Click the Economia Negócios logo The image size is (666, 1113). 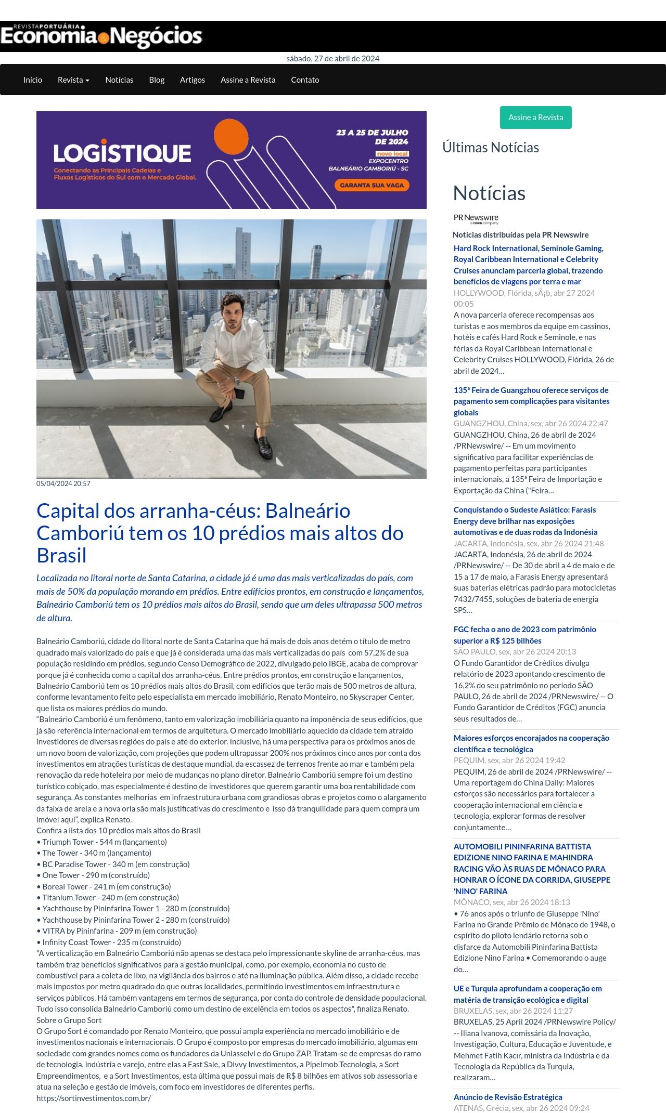coord(101,36)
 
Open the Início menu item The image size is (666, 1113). coord(33,80)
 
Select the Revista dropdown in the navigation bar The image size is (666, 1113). coord(73,80)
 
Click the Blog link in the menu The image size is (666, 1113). coord(157,80)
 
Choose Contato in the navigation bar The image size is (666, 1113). coord(305,80)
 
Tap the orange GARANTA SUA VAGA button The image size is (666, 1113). coord(372,185)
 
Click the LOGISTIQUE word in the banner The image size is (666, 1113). coord(122,153)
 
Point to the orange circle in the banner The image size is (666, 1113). coord(231,136)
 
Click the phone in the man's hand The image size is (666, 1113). coord(239,394)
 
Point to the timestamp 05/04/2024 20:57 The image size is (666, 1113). coord(63,483)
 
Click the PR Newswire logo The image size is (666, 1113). coord(476,219)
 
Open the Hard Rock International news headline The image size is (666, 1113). coord(528,265)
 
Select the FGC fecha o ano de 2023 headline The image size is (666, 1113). coord(524,635)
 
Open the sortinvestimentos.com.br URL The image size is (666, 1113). coord(94,1098)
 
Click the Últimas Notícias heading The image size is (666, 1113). coord(490,148)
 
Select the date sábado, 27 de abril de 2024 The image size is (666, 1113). coord(333,59)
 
